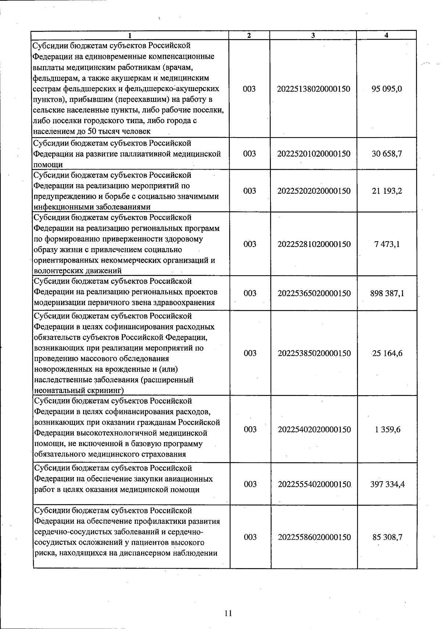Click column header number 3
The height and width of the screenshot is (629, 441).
[313, 35]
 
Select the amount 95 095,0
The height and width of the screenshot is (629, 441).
[387, 89]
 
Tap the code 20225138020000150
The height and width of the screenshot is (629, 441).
[314, 89]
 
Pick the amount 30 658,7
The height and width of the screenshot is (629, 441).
[387, 154]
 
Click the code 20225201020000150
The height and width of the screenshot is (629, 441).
[314, 154]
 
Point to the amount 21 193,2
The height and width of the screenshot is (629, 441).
[387, 191]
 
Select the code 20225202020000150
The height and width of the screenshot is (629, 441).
[314, 191]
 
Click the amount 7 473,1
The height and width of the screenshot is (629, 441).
[387, 244]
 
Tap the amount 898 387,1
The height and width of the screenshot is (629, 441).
[387, 293]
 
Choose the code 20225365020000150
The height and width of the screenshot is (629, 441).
[314, 293]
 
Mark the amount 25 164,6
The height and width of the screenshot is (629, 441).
[387, 353]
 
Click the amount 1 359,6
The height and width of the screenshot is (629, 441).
[388, 429]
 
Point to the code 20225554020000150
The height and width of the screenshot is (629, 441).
[314, 484]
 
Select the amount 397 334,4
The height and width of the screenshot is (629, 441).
[387, 484]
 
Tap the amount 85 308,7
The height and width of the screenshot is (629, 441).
[387, 537]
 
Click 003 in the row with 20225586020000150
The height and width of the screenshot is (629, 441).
[250, 537]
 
